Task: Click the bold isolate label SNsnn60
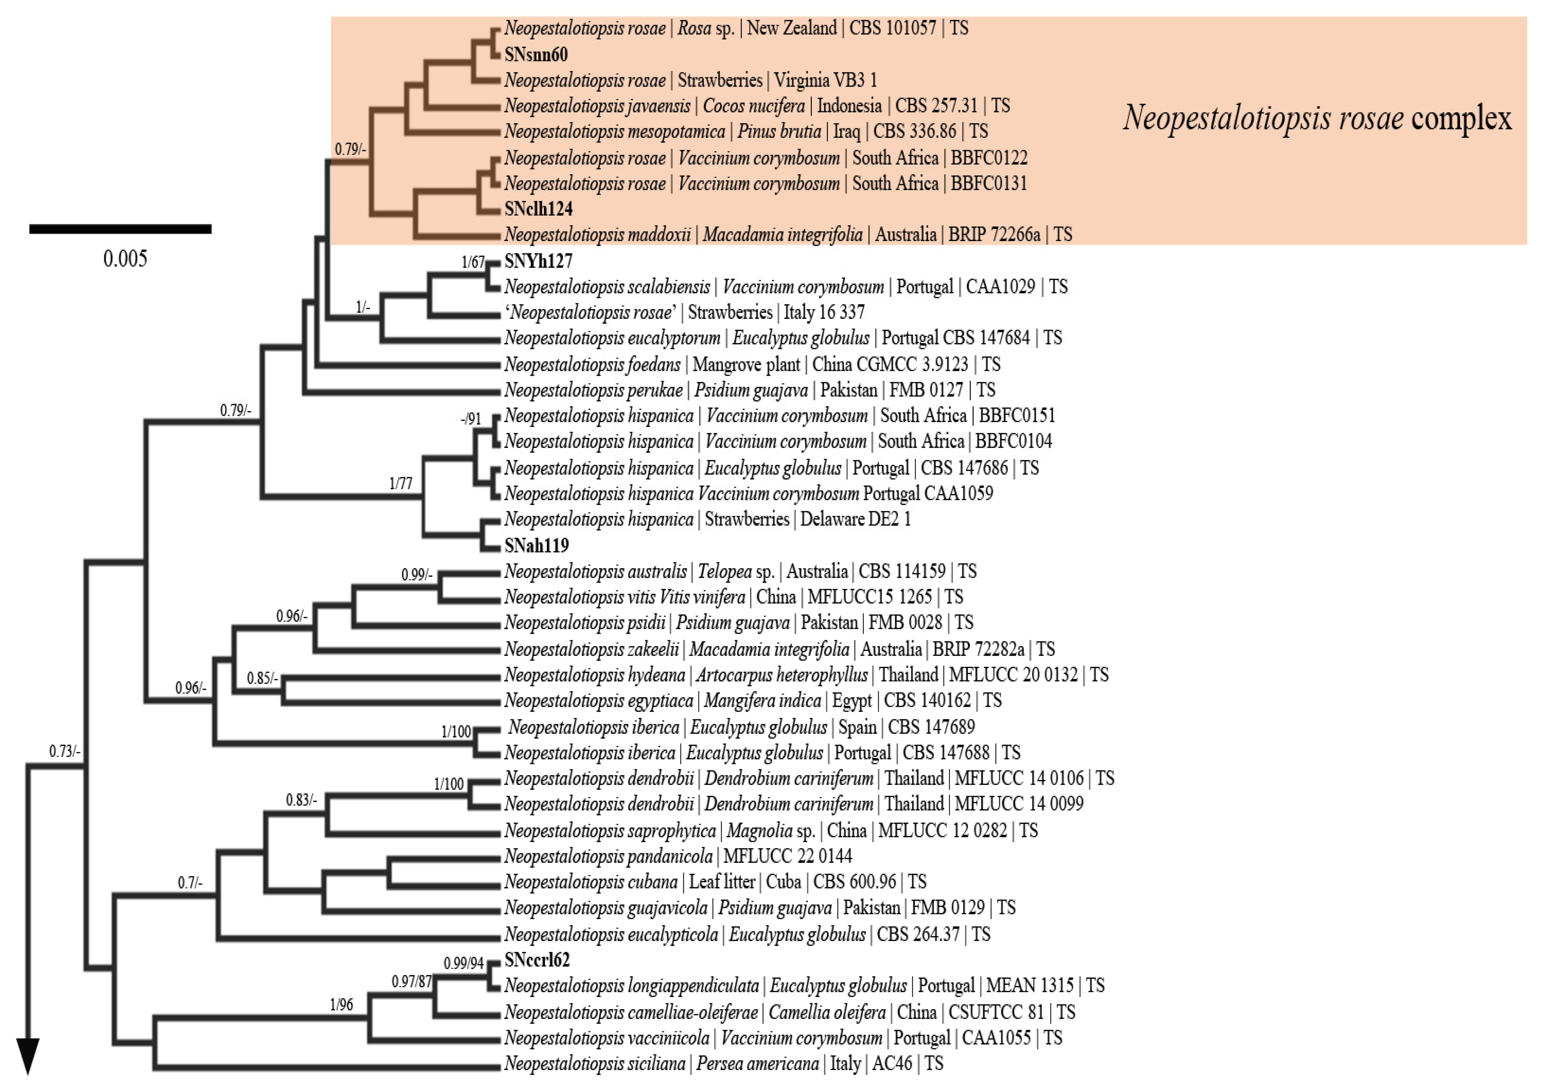coord(536,54)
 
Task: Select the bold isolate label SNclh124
coord(538,209)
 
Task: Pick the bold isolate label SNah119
coord(536,545)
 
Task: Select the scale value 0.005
coord(125,259)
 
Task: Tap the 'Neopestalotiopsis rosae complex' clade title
coord(1317,118)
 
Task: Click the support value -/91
coord(471,419)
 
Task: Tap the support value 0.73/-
coord(65,751)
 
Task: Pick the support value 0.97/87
coord(412,982)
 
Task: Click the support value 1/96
coord(341,1005)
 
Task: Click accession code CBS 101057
coord(892,28)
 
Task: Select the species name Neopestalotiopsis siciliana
coord(594,1064)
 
